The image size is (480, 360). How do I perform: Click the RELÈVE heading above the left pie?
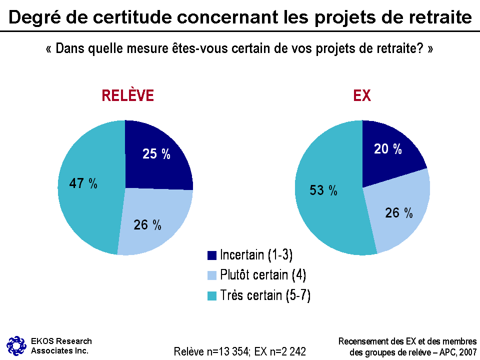click(127, 95)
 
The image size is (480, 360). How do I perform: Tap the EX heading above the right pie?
click(362, 95)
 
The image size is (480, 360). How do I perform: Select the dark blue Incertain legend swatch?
click(212, 255)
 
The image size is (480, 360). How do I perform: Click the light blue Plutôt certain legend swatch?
click(212, 275)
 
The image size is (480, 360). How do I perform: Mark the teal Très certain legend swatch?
click(212, 296)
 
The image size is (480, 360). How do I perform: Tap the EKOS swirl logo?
click(16, 345)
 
